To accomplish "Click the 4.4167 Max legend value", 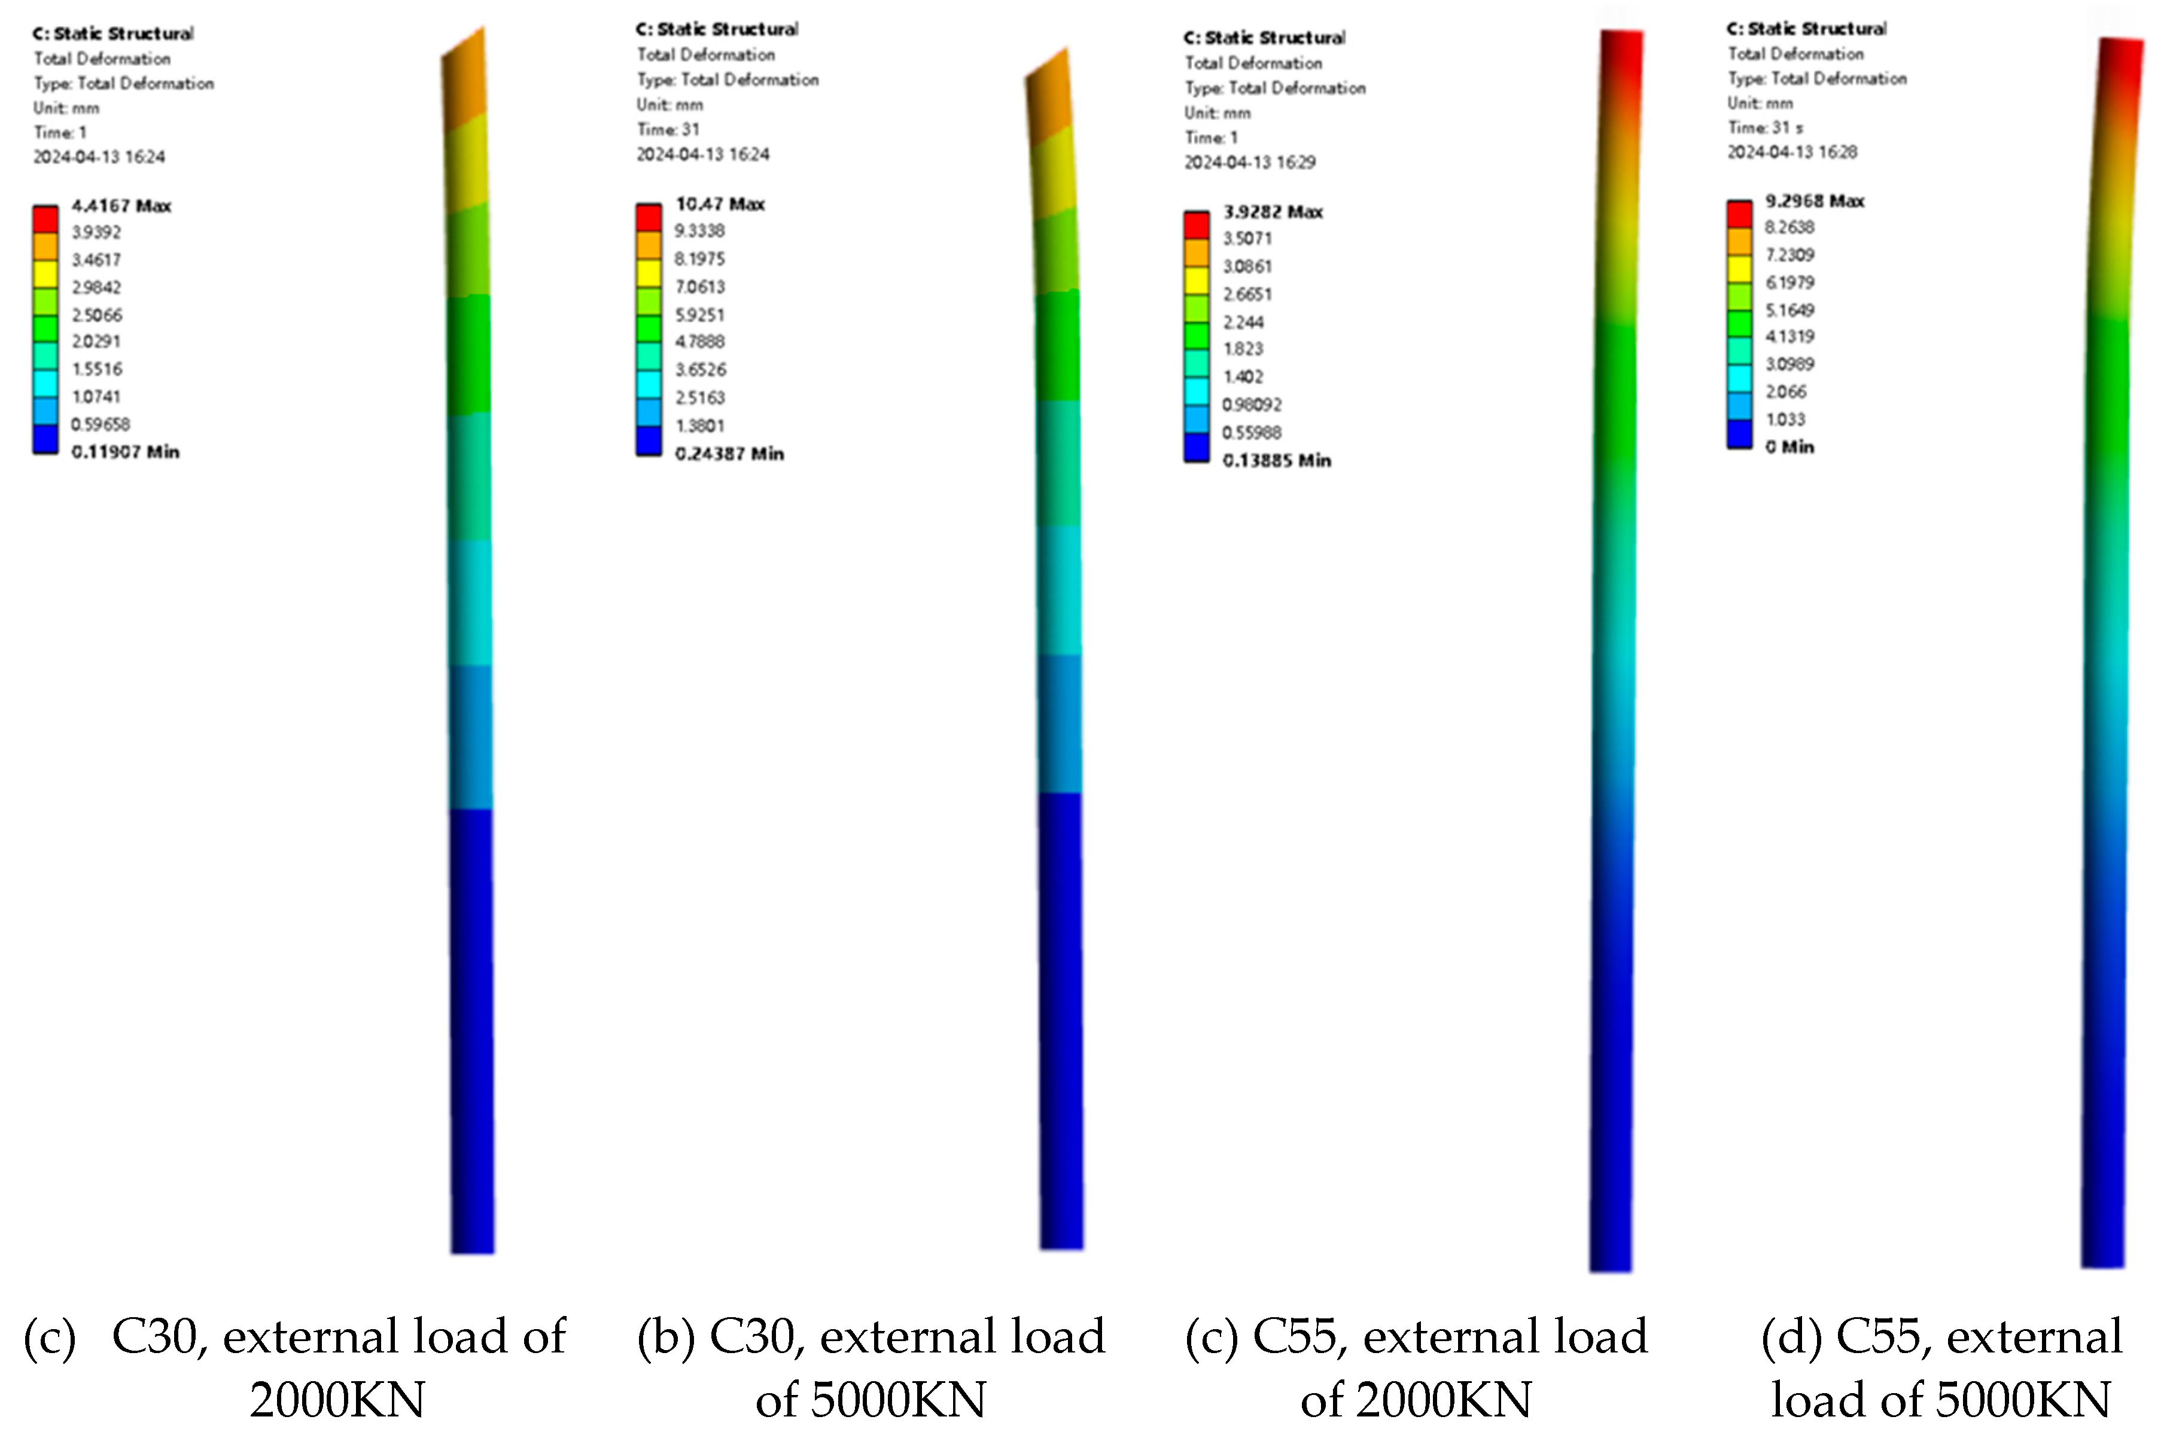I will point(120,206).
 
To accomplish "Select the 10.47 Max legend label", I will point(720,204).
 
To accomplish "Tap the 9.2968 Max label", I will point(1813,201).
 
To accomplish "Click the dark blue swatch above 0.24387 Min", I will point(649,441).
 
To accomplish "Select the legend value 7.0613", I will point(699,287).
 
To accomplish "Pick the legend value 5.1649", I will point(1788,310).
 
